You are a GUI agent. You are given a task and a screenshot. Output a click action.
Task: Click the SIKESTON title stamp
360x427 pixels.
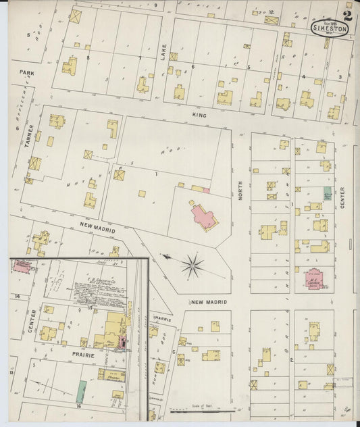coord(330,29)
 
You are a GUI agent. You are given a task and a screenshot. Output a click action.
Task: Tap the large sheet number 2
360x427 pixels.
coord(347,15)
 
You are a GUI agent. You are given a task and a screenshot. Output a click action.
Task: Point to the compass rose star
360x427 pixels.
coord(192,266)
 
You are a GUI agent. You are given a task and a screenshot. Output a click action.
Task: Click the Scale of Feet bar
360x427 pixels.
coord(203,409)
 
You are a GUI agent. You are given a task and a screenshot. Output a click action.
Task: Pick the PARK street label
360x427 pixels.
coord(26,72)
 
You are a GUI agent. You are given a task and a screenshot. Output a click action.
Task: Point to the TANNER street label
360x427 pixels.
coord(30,136)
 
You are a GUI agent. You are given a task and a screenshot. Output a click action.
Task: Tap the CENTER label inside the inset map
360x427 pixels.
coord(30,321)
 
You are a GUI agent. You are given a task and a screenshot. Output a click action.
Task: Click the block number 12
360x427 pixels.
coord(271,12)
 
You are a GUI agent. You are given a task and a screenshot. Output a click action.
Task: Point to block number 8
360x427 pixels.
coord(88,59)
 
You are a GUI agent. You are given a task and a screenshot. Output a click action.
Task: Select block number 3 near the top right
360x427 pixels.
coord(340,77)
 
